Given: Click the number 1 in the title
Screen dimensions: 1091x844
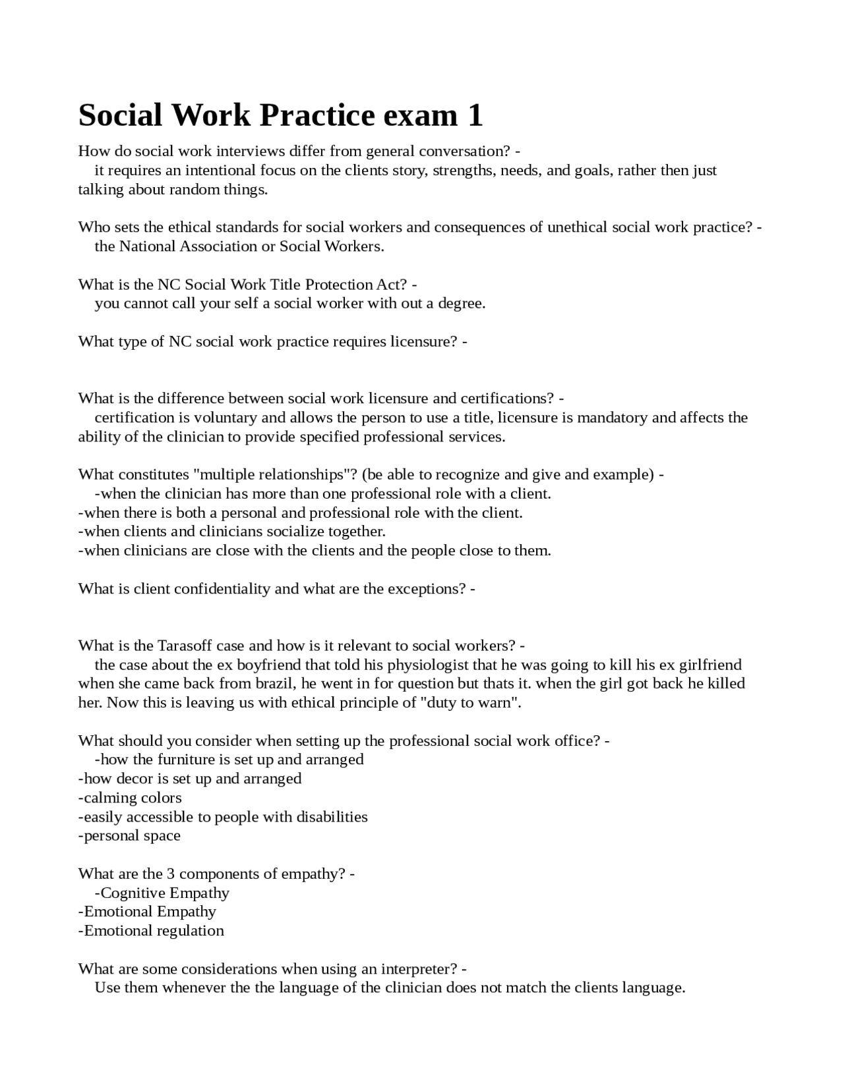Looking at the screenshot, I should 475,115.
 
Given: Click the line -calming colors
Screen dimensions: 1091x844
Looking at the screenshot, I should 130,798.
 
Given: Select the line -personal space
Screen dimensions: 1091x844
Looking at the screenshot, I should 129,836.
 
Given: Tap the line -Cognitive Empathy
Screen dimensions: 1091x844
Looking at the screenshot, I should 162,893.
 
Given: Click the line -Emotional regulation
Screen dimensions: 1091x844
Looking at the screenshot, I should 151,931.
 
